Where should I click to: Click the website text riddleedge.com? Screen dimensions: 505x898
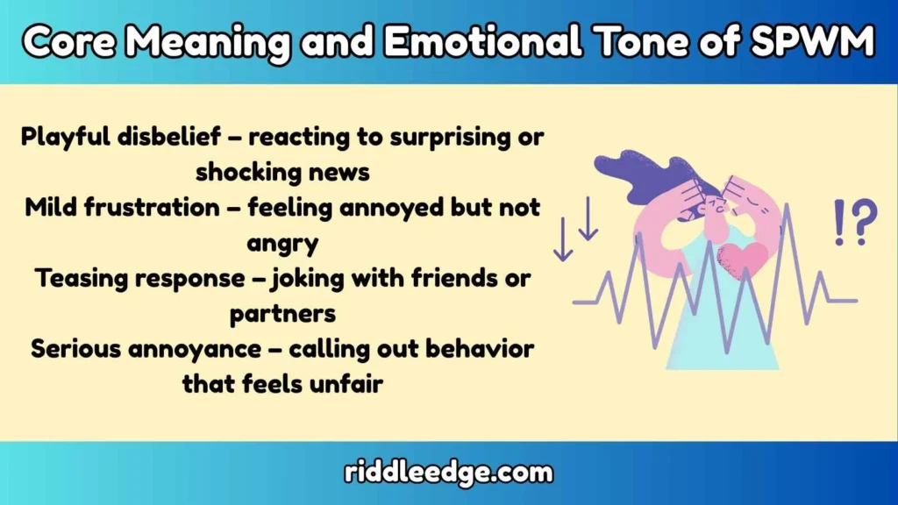click(448, 473)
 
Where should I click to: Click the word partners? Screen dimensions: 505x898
click(283, 313)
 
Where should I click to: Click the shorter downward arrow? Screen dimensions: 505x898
click(588, 219)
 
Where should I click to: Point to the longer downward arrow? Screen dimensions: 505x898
click(563, 234)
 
